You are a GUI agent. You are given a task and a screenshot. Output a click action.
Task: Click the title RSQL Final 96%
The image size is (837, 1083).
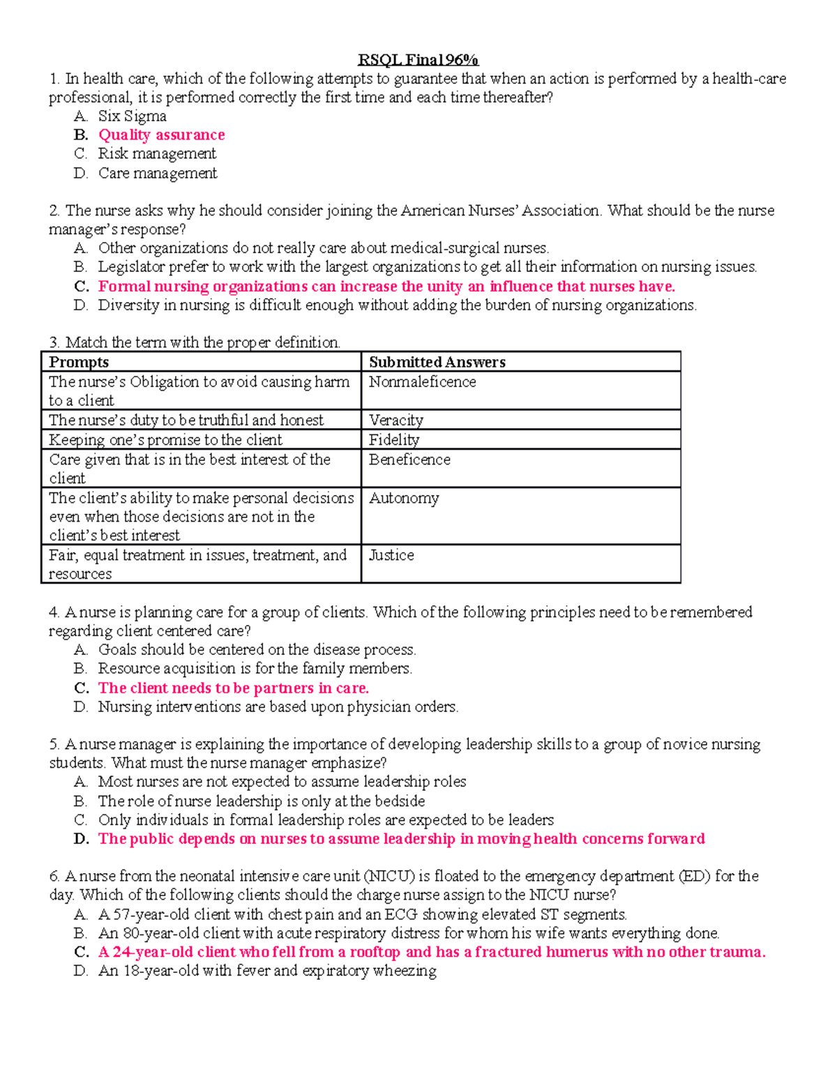point(418,60)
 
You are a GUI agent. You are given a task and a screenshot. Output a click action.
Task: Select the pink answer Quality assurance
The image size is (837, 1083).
point(161,135)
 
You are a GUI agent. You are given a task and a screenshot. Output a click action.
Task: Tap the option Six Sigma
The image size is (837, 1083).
point(132,116)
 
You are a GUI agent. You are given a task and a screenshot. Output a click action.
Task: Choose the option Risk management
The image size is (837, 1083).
point(157,153)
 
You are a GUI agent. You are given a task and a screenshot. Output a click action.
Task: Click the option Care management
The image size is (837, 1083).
point(158,173)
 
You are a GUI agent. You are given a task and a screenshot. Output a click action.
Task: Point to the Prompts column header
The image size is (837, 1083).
point(79,362)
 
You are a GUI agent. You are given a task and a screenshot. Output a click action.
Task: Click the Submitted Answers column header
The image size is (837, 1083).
point(437,362)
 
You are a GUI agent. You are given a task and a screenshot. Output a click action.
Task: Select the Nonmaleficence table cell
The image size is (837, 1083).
point(423,382)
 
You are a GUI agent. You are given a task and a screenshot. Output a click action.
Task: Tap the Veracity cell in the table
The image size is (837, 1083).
point(396,420)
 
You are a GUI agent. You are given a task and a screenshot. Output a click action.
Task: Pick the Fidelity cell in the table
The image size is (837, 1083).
point(394,439)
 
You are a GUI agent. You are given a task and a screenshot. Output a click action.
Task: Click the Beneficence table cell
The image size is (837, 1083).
point(409,460)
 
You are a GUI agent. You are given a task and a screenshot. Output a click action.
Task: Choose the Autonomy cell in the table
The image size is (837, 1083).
point(404,498)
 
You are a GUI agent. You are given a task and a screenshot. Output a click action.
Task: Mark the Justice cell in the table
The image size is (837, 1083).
point(391,555)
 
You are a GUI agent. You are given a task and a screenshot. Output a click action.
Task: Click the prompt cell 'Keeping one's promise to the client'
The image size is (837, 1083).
point(165,439)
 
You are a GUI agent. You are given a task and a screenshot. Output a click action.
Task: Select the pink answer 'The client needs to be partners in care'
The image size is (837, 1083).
point(233,688)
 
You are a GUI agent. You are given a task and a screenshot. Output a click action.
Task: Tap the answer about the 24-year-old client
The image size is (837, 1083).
point(431,952)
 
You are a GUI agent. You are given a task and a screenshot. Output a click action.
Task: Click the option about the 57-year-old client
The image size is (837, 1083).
point(362,914)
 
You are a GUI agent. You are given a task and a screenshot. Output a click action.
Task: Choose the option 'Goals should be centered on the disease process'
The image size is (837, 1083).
point(257,649)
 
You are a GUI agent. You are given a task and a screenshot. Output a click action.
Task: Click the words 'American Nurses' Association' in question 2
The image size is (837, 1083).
point(500,211)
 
